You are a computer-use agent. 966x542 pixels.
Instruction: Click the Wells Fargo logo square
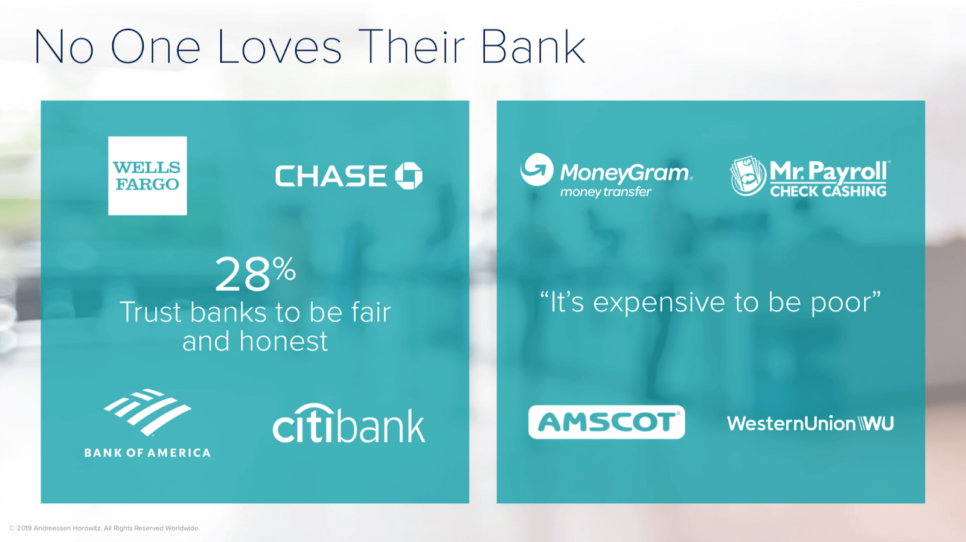click(147, 176)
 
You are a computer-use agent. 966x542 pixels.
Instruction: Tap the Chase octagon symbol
click(409, 176)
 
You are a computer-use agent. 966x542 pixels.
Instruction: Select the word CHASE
click(331, 176)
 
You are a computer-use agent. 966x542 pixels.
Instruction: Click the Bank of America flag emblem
click(147, 412)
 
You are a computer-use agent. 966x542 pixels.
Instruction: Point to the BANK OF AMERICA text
click(147, 453)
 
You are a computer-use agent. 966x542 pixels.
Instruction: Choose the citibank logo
click(349, 424)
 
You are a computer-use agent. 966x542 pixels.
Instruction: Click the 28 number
click(242, 275)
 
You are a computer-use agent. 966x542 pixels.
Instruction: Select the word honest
click(284, 342)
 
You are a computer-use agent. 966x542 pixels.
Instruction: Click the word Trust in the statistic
click(151, 312)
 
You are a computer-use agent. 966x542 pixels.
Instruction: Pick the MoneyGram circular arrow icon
click(537, 170)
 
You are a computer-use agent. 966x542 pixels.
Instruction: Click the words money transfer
click(606, 192)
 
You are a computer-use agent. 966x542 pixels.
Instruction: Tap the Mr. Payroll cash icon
click(748, 176)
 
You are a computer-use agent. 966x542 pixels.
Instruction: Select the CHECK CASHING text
click(828, 191)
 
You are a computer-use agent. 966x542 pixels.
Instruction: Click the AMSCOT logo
click(606, 422)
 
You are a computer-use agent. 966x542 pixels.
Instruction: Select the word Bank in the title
click(533, 47)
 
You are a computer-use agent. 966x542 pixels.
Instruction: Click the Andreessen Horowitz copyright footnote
click(105, 528)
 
